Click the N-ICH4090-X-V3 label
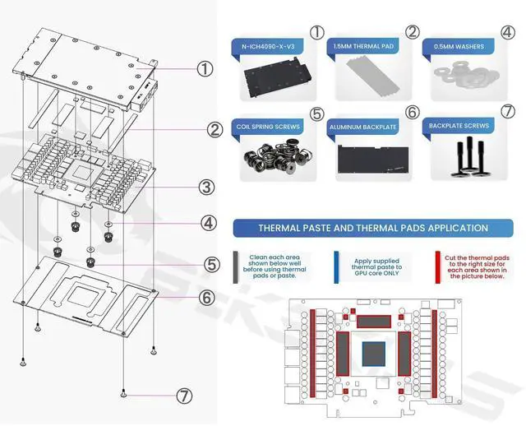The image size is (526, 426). pos(267,47)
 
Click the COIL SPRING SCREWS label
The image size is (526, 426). pos(267,127)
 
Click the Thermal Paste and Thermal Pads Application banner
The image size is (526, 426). pos(372,228)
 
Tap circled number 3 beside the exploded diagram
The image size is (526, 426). pos(206,188)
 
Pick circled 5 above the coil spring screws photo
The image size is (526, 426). pos(317,113)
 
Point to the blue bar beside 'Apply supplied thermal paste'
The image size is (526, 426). pos(337,268)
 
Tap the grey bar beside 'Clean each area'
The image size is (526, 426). pos(237,268)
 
